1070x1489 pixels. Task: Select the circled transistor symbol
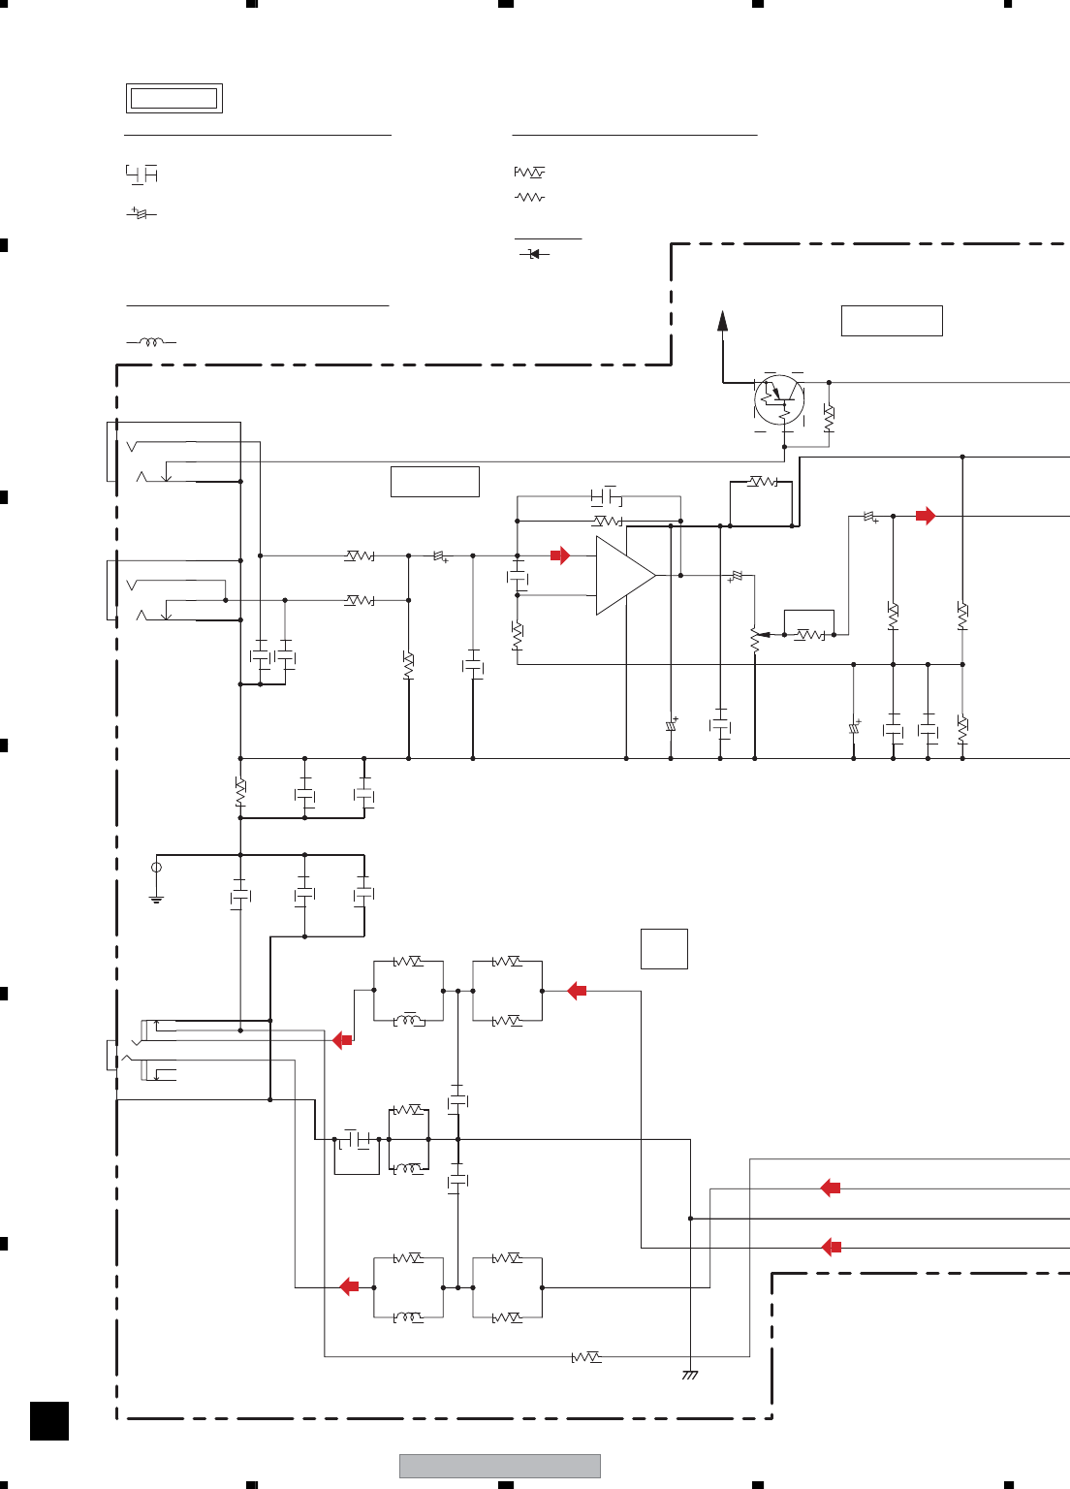click(x=779, y=398)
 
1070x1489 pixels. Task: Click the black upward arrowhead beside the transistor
click(x=722, y=321)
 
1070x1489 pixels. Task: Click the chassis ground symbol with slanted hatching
click(x=690, y=1375)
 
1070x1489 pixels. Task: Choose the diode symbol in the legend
click(x=533, y=254)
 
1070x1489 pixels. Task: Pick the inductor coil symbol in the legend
click(x=151, y=342)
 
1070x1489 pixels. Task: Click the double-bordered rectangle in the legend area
click(x=174, y=98)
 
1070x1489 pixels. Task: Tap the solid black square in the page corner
click(x=49, y=1420)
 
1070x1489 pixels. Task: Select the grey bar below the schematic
click(x=500, y=1466)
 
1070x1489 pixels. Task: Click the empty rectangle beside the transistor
click(x=892, y=321)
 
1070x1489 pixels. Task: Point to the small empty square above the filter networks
click(x=664, y=949)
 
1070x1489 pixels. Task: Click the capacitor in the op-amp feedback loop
click(x=606, y=497)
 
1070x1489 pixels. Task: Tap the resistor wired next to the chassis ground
click(x=586, y=1357)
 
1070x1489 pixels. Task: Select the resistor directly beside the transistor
click(x=829, y=419)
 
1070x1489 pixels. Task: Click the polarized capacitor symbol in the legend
click(x=142, y=213)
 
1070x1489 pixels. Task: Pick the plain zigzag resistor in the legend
click(x=529, y=197)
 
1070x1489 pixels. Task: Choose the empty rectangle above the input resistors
click(x=435, y=482)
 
